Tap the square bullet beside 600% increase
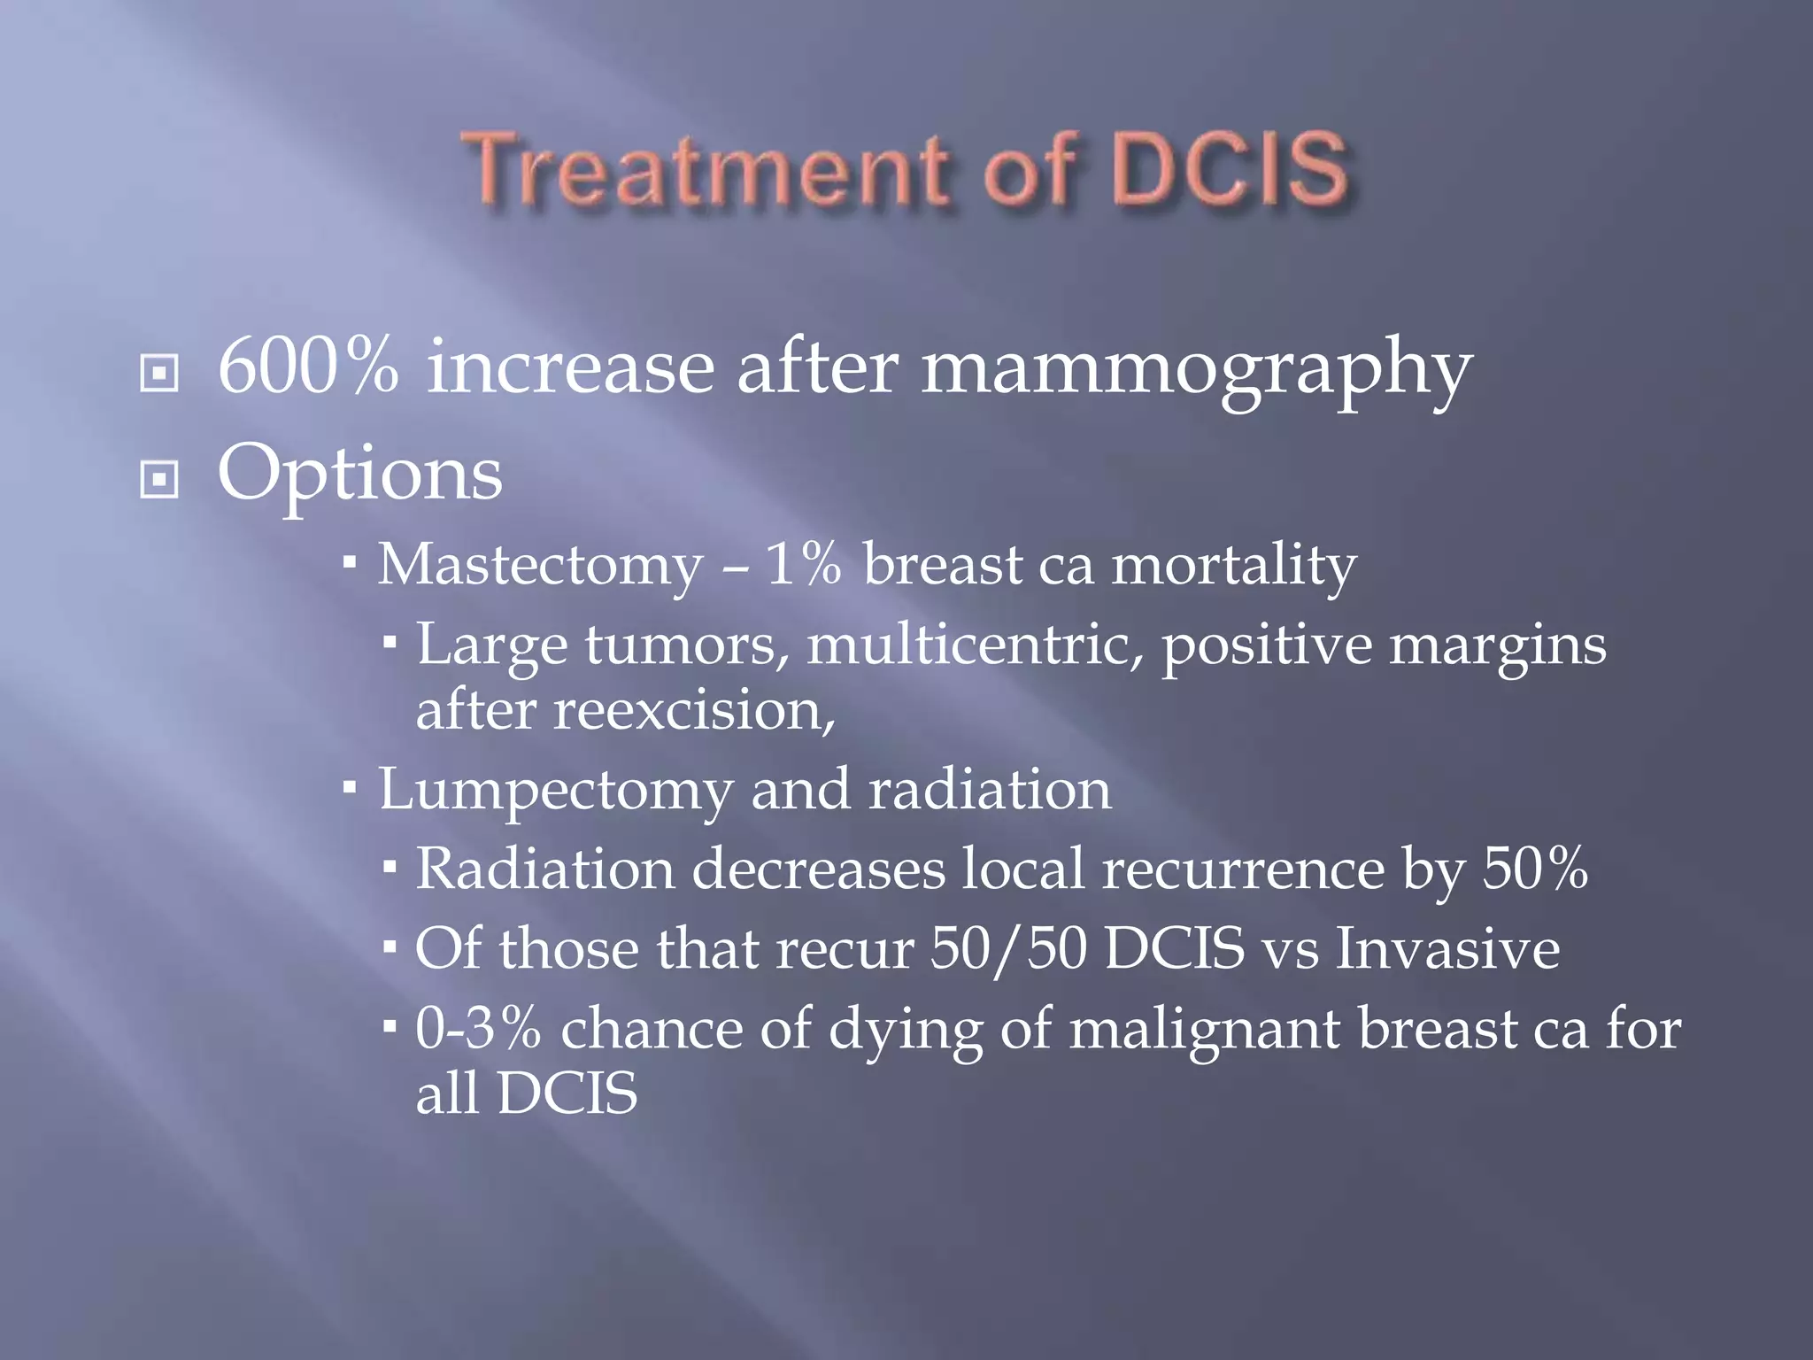point(159,373)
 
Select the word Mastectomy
point(540,566)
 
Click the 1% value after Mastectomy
point(803,564)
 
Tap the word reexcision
point(694,710)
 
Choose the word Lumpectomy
point(555,791)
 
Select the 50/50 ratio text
point(1008,949)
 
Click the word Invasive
point(1447,948)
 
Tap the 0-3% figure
point(477,1029)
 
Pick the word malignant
point(1204,1031)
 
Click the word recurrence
point(1243,869)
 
